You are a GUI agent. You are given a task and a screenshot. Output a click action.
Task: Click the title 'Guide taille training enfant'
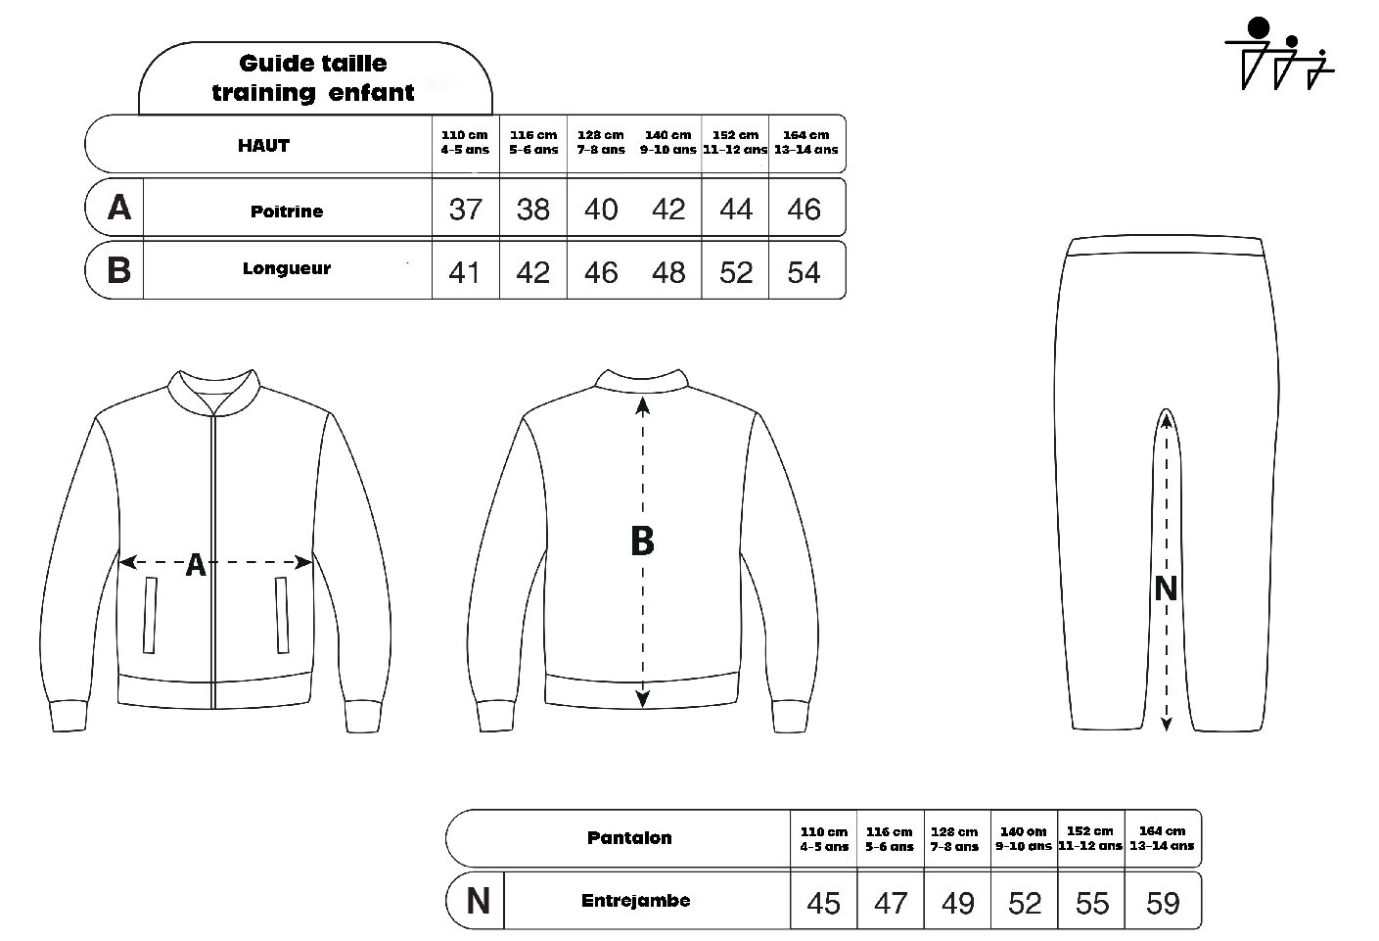tap(313, 77)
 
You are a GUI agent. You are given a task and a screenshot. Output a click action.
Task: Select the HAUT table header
tap(263, 145)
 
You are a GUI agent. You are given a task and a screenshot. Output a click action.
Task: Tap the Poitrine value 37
tap(466, 210)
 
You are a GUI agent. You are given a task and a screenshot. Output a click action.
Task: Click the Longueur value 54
tap(804, 272)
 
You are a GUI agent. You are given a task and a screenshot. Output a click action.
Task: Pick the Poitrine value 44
tap(736, 210)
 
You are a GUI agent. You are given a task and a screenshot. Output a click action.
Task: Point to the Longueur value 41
tap(464, 272)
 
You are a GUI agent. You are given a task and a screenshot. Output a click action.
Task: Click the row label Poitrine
tap(287, 212)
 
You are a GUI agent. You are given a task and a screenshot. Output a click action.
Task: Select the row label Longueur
tap(287, 268)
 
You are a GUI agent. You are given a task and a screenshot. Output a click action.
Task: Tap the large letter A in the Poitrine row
tap(119, 207)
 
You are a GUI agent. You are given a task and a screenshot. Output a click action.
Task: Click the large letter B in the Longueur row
tap(118, 269)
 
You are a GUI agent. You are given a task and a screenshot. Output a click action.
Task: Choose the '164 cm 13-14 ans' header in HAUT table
tap(805, 142)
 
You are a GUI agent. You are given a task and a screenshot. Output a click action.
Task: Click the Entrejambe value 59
tap(1163, 904)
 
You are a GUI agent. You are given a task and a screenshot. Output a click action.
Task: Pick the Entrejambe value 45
tap(823, 904)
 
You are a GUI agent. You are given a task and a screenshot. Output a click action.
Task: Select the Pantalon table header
tap(629, 837)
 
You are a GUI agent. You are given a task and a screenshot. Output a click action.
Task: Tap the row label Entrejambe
tap(636, 900)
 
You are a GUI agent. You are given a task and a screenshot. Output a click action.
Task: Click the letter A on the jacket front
tap(196, 565)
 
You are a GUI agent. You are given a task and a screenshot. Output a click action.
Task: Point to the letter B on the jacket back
tap(642, 541)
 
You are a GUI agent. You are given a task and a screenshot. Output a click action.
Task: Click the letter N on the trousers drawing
tap(1166, 588)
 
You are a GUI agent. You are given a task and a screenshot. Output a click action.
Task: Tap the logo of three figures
tap(1279, 53)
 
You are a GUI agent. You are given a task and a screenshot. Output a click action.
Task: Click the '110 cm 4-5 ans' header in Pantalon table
tap(824, 839)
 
